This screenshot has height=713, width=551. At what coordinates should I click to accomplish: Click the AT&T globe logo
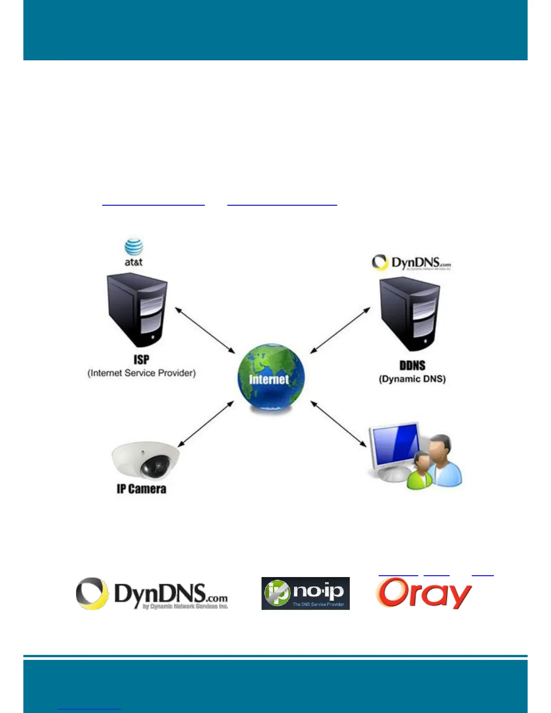134,248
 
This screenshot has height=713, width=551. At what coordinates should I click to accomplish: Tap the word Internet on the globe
269,379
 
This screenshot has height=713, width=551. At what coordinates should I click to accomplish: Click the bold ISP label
141,360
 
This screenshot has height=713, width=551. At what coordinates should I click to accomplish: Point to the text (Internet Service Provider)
141,373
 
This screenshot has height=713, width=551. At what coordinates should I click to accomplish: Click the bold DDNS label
412,366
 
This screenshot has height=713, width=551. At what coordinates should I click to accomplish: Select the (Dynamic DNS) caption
412,379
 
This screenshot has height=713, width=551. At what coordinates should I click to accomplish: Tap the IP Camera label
141,489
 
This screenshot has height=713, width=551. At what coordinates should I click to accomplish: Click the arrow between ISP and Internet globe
205,330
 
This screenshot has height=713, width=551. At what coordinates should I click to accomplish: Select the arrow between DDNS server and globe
340,330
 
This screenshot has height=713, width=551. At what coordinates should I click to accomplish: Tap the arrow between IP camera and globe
206,424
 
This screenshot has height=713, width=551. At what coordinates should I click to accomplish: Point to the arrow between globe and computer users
339,424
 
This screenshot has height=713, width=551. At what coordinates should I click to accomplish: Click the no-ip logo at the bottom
305,593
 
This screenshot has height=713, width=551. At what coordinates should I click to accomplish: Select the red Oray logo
424,593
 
